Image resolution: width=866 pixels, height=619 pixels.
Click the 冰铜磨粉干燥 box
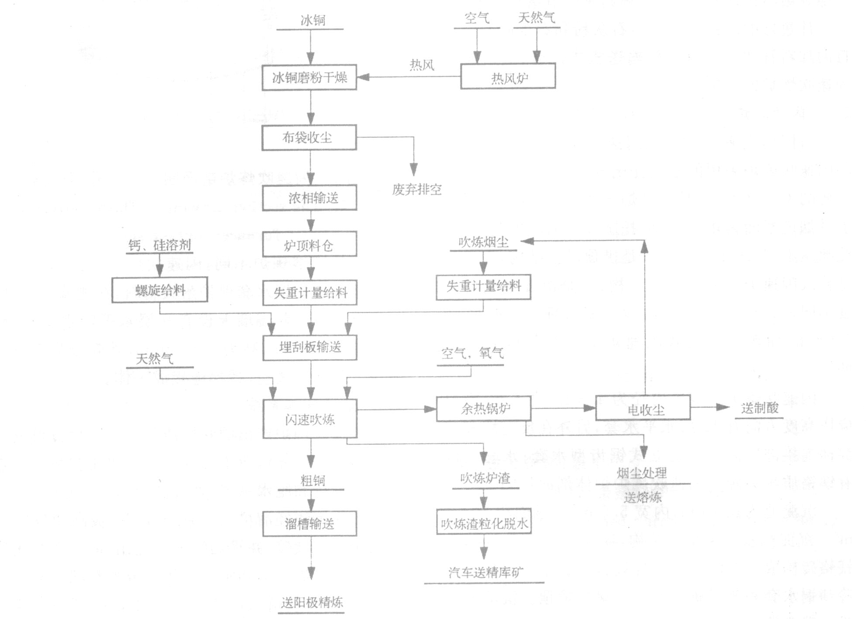pyautogui.click(x=309, y=78)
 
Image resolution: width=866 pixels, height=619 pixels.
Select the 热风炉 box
pyautogui.click(x=508, y=77)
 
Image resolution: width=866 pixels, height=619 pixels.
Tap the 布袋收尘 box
pyautogui.click(x=309, y=137)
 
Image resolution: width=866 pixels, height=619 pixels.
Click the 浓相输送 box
pyautogui.click(x=309, y=198)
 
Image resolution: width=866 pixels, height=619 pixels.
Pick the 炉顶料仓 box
pyautogui.click(x=309, y=244)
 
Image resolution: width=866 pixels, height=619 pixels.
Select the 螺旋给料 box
pyautogui.click(x=160, y=290)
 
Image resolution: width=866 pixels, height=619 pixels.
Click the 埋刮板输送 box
pyautogui.click(x=310, y=347)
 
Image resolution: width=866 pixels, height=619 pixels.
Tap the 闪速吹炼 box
pyautogui.click(x=310, y=419)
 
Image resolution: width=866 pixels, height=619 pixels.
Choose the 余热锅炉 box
pyautogui.click(x=484, y=408)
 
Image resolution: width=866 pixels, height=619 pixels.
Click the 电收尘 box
pyautogui.click(x=643, y=408)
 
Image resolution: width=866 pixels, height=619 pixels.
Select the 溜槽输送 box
pyautogui.click(x=310, y=523)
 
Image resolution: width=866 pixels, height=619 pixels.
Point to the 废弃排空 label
pyautogui.click(x=417, y=189)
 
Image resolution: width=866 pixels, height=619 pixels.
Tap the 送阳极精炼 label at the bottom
pyautogui.click(x=312, y=602)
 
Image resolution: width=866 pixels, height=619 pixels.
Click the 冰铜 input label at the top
pyautogui.click(x=313, y=20)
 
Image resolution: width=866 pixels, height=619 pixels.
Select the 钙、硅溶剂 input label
pyautogui.click(x=160, y=245)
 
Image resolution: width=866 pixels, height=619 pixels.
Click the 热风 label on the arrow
pyautogui.click(x=422, y=65)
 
